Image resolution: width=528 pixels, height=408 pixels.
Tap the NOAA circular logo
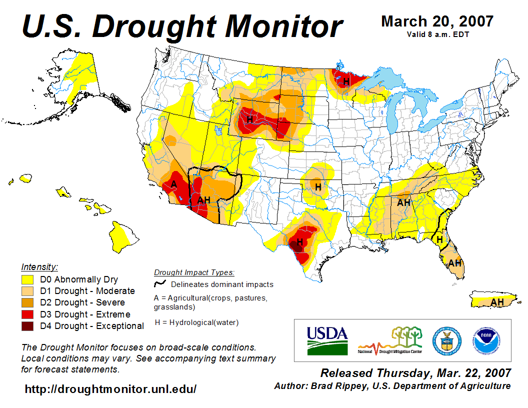(483, 339)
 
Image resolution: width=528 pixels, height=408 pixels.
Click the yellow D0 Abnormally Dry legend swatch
(27, 279)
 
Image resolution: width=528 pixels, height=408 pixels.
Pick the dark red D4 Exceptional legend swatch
(27, 326)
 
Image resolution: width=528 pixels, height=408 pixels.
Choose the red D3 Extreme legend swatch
(27, 314)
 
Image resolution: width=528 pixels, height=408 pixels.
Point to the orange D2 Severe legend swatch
(27, 302)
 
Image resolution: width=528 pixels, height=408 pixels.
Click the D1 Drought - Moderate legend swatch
(27, 291)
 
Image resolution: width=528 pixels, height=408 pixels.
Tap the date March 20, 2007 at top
(437, 21)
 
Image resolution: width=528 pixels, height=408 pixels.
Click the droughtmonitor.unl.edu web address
(110, 388)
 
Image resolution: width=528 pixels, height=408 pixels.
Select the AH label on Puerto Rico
(497, 302)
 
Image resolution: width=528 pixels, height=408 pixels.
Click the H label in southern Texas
(299, 242)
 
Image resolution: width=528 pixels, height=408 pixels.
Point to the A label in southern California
(173, 184)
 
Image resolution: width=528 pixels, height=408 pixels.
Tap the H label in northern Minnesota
(346, 81)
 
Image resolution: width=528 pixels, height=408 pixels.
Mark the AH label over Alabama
(403, 202)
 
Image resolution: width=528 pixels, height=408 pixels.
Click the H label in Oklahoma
(317, 186)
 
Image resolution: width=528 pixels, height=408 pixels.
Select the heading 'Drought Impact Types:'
(194, 272)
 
